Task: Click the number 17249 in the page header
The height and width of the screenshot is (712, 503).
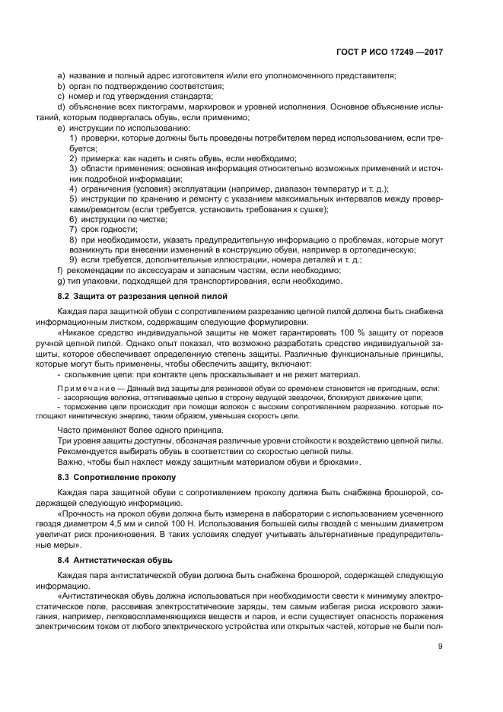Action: [x=403, y=53]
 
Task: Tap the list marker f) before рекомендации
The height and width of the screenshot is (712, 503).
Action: [x=60, y=270]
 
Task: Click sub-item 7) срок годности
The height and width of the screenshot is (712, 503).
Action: [x=73, y=229]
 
